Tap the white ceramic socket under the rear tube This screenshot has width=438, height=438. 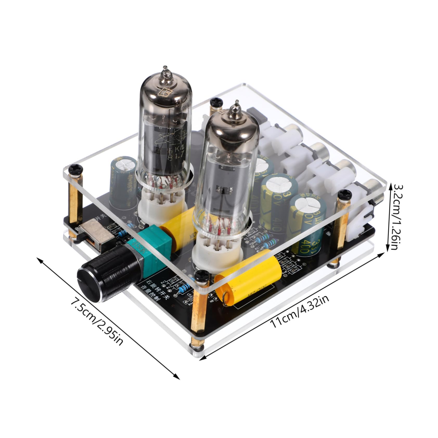tap(163, 205)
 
